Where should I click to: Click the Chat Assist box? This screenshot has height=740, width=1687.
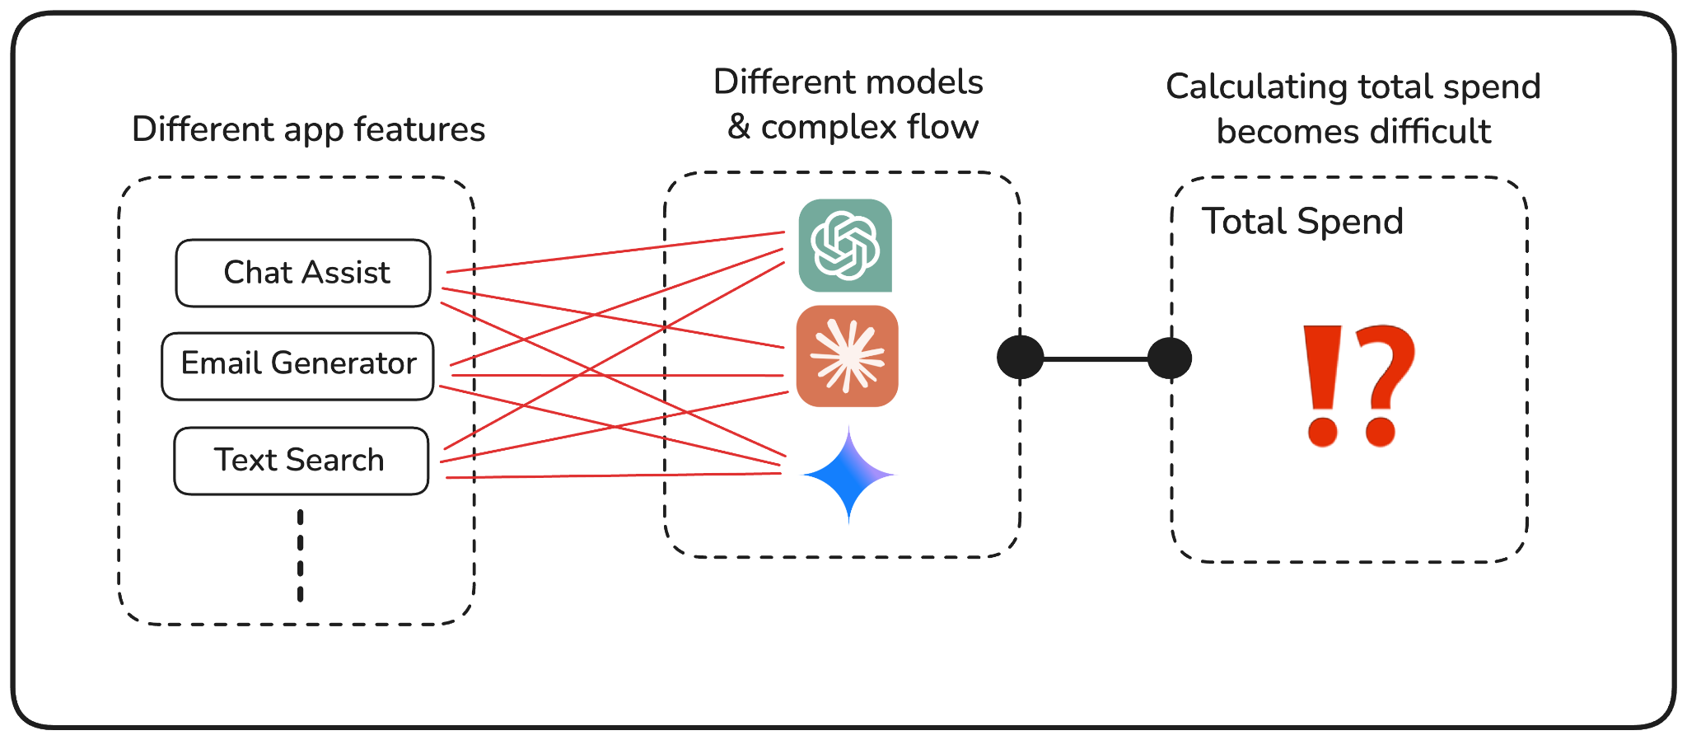pos(303,273)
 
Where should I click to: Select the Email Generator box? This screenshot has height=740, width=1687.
pos(297,366)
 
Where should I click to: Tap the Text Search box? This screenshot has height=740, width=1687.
pos(301,460)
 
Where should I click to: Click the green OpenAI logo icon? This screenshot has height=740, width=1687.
pos(845,246)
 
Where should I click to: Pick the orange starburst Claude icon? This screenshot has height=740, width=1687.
pos(847,356)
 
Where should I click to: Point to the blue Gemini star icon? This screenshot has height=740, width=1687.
pos(848,475)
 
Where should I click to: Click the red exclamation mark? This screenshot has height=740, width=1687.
pos(1323,385)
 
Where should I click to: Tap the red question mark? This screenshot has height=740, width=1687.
pos(1384,385)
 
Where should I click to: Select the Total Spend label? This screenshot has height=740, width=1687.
pos(1302,222)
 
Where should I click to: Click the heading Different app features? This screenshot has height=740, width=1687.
pos(308,129)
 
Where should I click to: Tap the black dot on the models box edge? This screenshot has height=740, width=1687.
pos(1020,358)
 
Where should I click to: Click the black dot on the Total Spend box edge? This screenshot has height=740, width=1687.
pos(1170,358)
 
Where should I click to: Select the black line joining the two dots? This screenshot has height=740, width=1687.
pos(1096,358)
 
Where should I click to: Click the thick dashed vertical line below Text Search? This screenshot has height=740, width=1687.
pos(301,555)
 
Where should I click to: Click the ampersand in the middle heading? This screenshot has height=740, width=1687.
pos(739,128)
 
